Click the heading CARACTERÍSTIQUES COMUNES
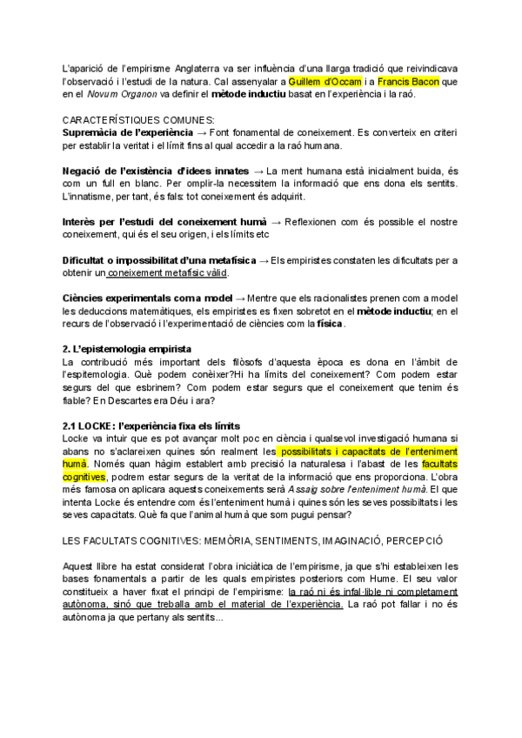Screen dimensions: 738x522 click(x=137, y=119)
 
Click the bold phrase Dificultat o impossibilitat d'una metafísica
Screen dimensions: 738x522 click(x=159, y=259)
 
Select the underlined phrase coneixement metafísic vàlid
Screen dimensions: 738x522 click(x=166, y=272)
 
